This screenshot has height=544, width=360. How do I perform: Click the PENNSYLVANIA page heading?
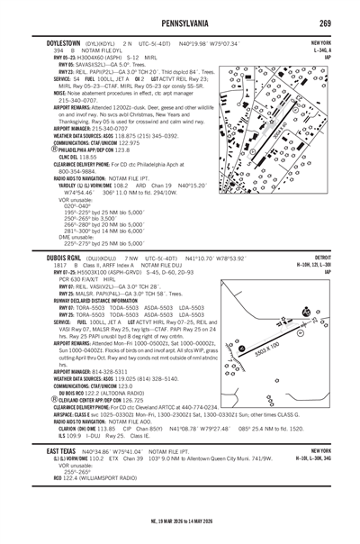(x=180, y=21)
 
